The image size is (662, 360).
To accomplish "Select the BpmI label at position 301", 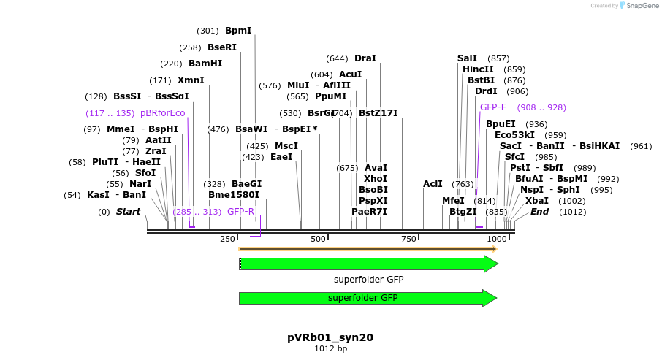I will (238, 31).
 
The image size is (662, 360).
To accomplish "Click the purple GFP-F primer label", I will (493, 107).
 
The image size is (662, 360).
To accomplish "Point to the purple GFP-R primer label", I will (240, 212).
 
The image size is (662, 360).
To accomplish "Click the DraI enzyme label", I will (365, 58).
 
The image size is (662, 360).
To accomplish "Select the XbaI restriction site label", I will (536, 201).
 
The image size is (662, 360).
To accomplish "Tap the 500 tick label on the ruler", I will (319, 240).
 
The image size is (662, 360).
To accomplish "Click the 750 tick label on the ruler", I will (408, 240).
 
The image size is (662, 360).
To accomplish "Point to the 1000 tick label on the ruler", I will (497, 240).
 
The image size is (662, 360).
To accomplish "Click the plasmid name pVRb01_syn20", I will (330, 337).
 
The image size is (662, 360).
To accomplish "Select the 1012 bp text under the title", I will (330, 349).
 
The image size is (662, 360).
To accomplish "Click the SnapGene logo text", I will (639, 6).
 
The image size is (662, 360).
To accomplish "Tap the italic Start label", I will (128, 212).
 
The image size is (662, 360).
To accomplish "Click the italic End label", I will (539, 212).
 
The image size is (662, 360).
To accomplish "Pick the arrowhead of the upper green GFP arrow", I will (491, 264).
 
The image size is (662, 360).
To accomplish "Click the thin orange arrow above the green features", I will (365, 249).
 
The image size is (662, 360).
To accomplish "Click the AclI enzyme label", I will (433, 184).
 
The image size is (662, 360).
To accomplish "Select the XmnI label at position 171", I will (191, 80).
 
